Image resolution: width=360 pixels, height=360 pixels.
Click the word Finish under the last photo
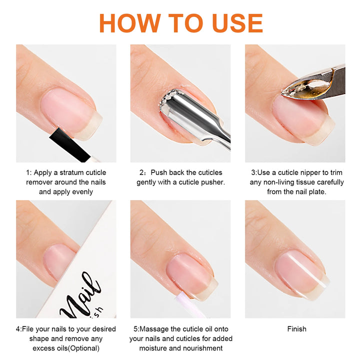tap(296, 329)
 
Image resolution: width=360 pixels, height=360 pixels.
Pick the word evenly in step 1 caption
tap(81, 191)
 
